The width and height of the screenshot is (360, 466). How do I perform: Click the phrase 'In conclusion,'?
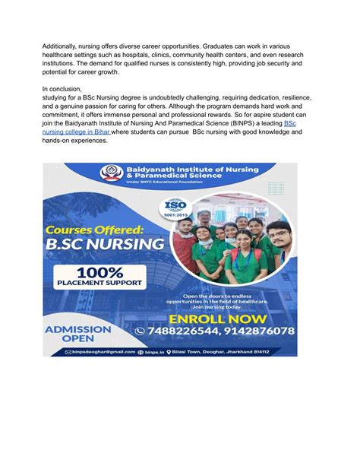pos(64,89)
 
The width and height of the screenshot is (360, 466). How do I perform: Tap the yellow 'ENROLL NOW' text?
pos(219,318)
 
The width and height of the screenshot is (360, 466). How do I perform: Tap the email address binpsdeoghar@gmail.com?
pos(102,352)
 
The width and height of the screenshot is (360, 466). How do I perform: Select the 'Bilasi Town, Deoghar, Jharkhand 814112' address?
pos(229,352)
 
